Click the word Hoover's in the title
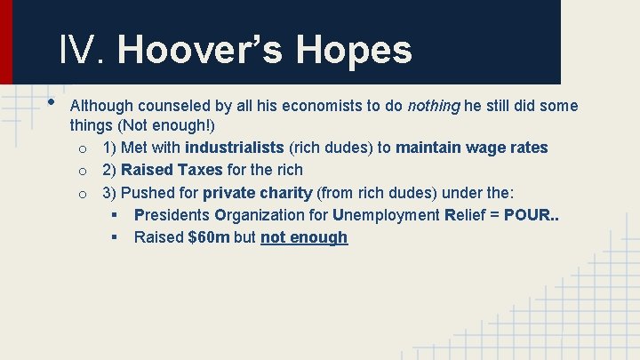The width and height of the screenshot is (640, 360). coord(201,50)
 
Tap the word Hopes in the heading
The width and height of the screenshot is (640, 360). coord(355,50)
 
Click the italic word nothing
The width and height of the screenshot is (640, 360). coord(434,107)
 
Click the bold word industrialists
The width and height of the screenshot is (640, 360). coord(235,148)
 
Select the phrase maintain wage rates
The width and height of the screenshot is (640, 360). coord(472,148)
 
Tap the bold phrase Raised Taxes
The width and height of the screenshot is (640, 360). coord(172,170)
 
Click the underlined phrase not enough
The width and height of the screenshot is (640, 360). coord(304,237)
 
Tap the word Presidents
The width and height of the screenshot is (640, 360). coord(172,215)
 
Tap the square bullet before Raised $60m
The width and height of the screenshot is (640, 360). coord(115,237)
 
